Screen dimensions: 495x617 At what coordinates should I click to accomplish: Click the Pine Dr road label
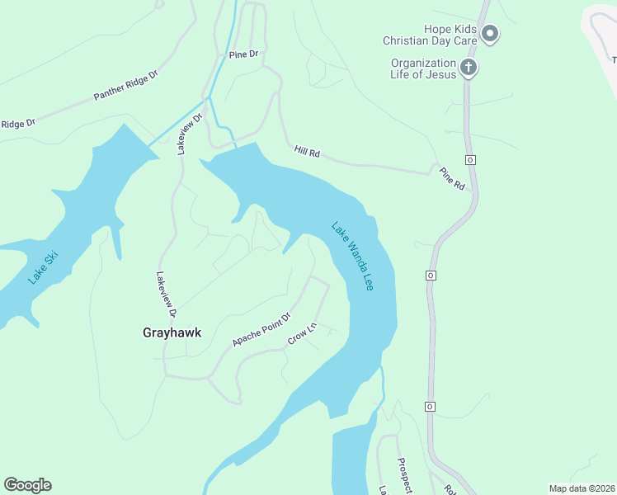(243, 54)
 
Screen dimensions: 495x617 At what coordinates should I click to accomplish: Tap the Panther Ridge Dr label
(125, 85)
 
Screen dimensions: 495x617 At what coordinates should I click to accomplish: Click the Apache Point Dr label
(262, 329)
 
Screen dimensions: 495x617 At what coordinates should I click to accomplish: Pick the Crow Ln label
(302, 334)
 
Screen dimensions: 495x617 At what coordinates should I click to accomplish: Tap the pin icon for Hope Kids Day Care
(490, 34)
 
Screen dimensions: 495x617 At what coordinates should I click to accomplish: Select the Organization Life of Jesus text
(423, 69)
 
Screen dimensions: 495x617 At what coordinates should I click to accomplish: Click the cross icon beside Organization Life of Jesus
(469, 68)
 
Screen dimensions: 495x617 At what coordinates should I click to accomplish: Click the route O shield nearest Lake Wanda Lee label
(431, 275)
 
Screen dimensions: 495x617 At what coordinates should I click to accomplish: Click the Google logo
(27, 485)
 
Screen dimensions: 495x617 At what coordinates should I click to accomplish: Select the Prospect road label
(404, 476)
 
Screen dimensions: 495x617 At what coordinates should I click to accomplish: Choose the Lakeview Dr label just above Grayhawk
(166, 295)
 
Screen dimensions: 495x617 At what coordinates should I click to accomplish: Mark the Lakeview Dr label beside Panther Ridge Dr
(184, 134)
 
